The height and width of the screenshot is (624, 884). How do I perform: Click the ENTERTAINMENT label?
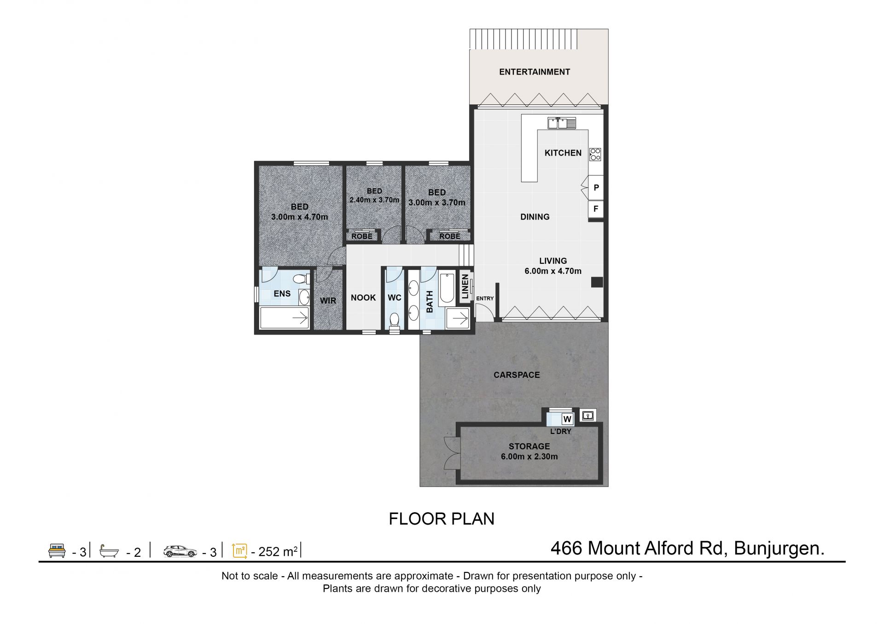coord(535,72)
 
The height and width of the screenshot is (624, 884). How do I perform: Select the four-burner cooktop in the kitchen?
coord(595,154)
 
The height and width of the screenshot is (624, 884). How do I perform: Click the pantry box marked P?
coord(596,188)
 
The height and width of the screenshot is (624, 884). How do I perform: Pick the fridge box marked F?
coord(596,209)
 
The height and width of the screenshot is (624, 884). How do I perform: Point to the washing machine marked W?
coord(567,419)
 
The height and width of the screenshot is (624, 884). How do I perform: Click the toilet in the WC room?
coord(395,320)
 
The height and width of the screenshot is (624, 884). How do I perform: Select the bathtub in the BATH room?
coord(447,289)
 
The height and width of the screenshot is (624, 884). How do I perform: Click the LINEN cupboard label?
coord(465,287)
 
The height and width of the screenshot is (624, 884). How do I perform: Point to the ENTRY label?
coord(485,299)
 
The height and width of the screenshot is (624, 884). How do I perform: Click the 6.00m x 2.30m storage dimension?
coord(529,457)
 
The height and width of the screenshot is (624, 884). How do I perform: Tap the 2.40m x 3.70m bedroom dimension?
coord(374,200)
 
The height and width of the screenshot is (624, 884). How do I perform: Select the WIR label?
coord(328,300)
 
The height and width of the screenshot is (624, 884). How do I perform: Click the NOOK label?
coord(363,298)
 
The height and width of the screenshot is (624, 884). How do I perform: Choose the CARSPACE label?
coord(517,375)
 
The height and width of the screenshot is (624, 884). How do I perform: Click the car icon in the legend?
coord(180,551)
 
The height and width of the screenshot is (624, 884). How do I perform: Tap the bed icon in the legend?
coord(57,551)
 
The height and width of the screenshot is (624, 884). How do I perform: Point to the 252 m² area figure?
coord(278,551)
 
